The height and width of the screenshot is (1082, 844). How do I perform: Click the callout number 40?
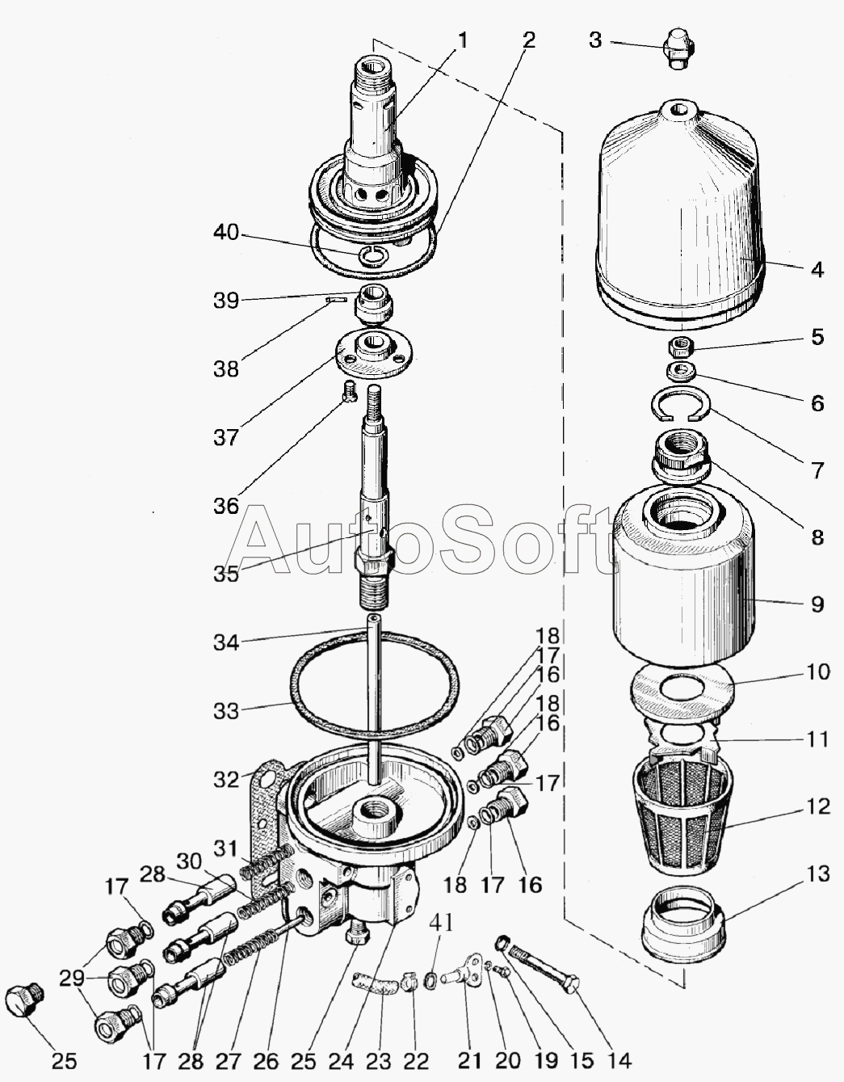click(x=226, y=233)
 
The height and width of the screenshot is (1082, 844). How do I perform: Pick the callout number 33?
click(x=226, y=711)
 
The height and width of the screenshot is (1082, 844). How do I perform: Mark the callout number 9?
click(x=818, y=604)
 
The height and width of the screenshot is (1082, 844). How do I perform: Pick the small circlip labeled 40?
click(x=373, y=255)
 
